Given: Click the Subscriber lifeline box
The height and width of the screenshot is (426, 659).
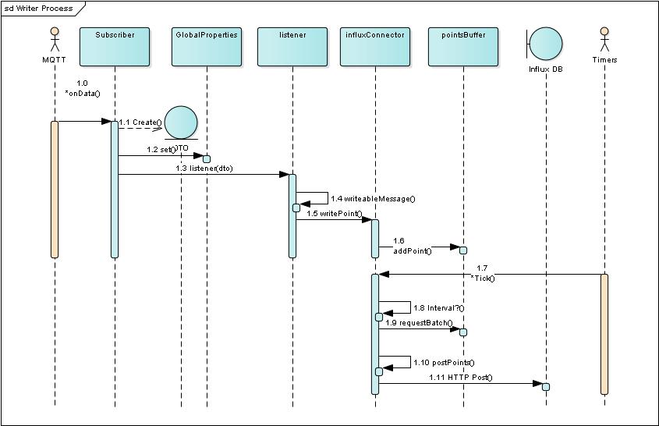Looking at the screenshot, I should pos(115,47).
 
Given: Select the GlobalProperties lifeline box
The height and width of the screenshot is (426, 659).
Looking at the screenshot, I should pos(206,47).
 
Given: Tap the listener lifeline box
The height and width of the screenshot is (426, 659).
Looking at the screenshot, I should pos(292,47).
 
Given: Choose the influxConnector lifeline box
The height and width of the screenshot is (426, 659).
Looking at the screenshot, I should pos(374,47).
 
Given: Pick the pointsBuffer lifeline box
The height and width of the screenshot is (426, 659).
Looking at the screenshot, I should pos(462,47).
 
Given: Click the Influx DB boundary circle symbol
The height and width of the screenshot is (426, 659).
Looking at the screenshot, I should pos(547,44).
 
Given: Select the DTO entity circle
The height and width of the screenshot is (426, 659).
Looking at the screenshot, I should pos(181,124).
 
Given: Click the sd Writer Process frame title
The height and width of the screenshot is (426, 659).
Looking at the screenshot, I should pos(39,9).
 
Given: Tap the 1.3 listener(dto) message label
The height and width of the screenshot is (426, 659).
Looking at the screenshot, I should pos(204,168).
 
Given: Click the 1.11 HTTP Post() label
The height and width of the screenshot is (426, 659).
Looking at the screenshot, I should pos(460,378).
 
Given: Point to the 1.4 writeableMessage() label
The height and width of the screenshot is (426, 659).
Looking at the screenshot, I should pos(373,199).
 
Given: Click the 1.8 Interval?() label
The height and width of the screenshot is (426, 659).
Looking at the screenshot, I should pos(438,308).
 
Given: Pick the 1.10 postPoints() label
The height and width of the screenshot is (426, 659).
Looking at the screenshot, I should pos(442,363).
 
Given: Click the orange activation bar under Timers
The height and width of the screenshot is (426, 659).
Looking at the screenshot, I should pos(604,334).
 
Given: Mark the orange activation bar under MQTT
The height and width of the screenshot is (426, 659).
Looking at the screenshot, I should pos(55,189).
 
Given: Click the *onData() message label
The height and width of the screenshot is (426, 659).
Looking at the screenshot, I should pos(83,93).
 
